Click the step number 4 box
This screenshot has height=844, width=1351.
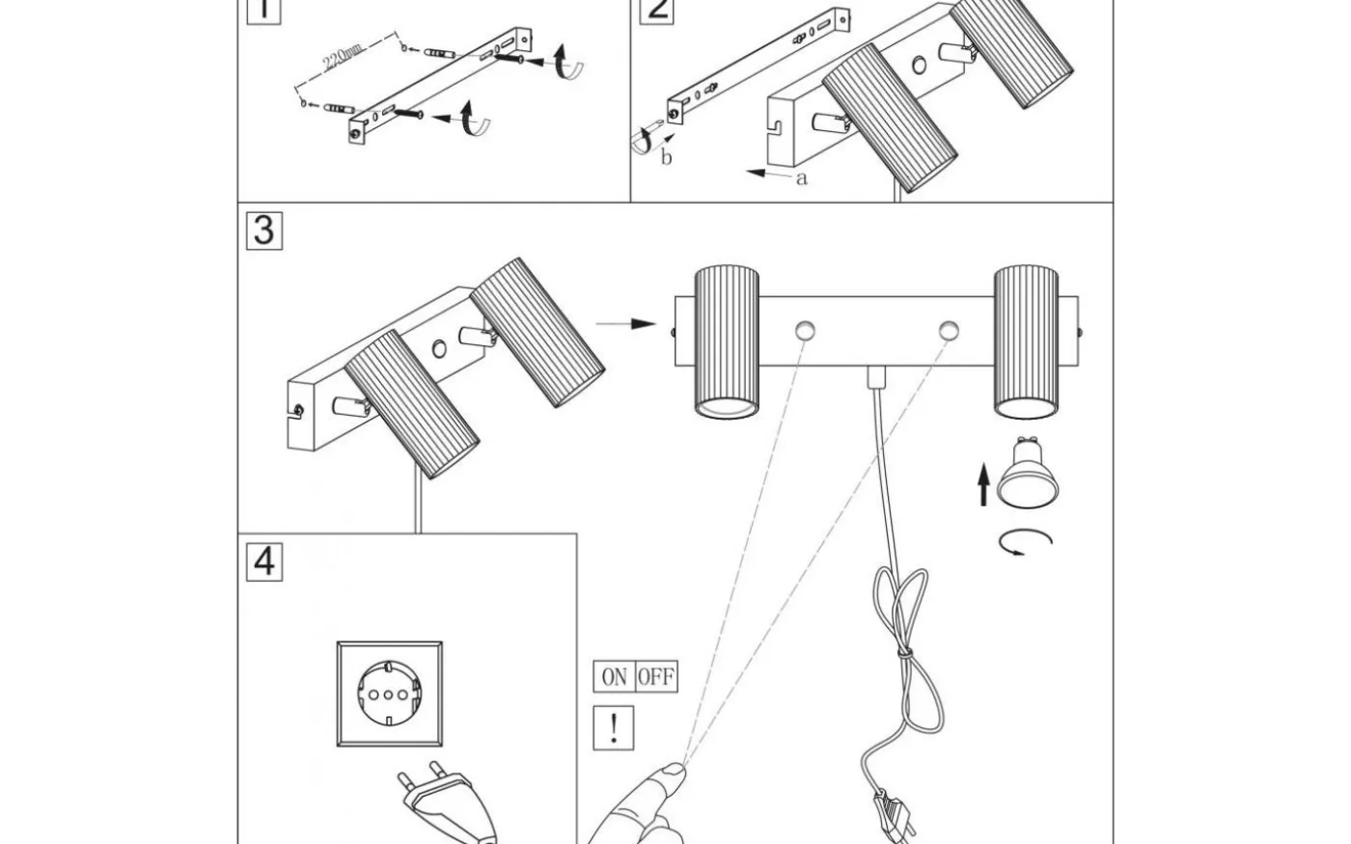pyautogui.click(x=265, y=560)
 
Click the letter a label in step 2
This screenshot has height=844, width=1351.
pyautogui.click(x=801, y=178)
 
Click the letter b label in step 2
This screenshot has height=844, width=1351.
pyautogui.click(x=667, y=158)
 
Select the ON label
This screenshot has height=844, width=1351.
pyautogui.click(x=614, y=677)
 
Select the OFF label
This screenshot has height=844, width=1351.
pyautogui.click(x=656, y=677)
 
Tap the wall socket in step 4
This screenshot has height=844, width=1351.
pyautogui.click(x=390, y=693)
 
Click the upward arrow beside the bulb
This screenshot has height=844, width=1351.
pyautogui.click(x=983, y=485)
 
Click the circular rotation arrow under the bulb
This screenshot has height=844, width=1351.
pyautogui.click(x=1025, y=542)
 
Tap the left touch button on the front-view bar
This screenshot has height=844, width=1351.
pyautogui.click(x=804, y=330)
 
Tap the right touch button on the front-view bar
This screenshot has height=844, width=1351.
pyautogui.click(x=950, y=330)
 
